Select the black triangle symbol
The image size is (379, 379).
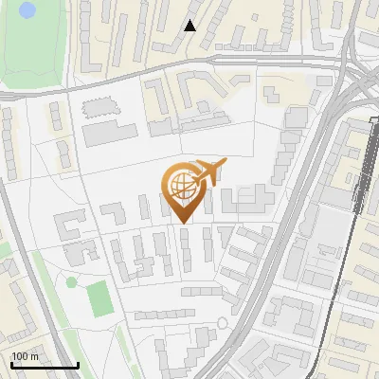click(x=190, y=26)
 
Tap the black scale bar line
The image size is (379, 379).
click(x=44, y=365)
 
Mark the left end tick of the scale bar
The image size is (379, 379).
click(x=10, y=363)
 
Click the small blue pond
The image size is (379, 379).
click(x=27, y=10)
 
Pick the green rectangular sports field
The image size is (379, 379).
click(x=99, y=298)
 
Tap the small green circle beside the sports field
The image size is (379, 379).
click(x=71, y=282)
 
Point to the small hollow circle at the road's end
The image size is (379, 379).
click(x=223, y=323)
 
